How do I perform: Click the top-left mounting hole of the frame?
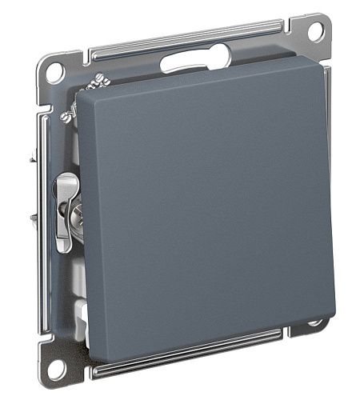click(x=54, y=70)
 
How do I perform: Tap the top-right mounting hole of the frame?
click(x=315, y=31)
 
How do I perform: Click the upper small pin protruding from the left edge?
click(x=34, y=159)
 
